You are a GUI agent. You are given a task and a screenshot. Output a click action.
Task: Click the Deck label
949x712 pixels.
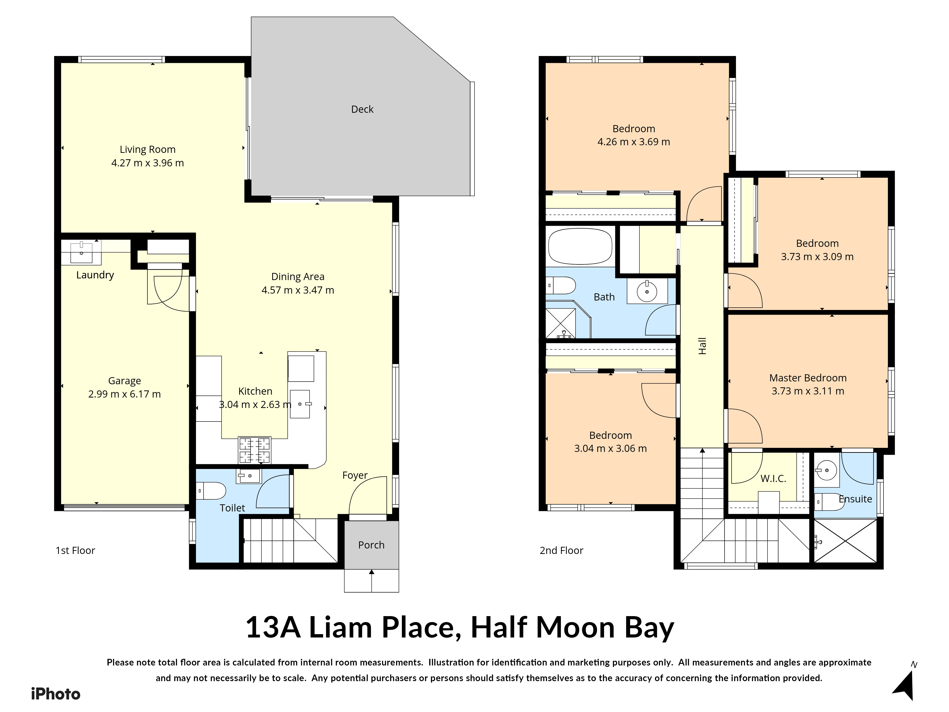(x=362, y=109)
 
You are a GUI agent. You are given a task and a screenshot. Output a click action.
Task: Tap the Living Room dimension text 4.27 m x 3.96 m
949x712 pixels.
(x=148, y=163)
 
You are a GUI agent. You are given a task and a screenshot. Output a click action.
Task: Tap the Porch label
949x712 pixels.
(x=371, y=545)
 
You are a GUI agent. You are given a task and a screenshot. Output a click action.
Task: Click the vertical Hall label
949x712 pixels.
(x=702, y=346)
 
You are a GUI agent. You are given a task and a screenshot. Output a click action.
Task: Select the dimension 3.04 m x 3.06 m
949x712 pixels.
(x=610, y=449)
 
